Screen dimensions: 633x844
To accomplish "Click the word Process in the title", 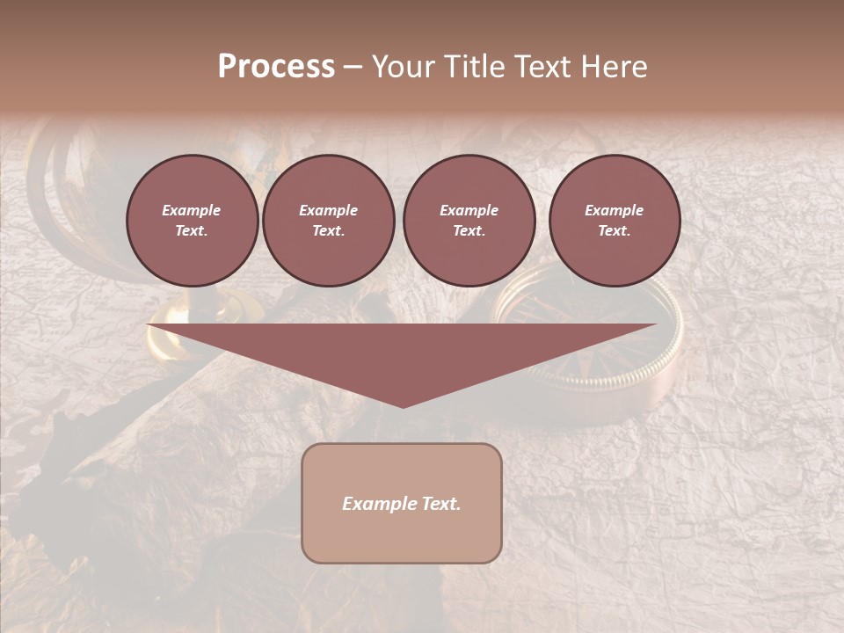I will point(276,66).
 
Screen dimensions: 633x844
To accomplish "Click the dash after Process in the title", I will point(353,68).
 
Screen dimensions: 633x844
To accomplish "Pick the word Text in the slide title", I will point(541,67).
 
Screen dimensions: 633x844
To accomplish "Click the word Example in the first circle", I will point(192,210).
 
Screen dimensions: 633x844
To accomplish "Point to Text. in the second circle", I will point(328,231).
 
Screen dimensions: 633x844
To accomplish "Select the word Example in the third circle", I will point(469,210).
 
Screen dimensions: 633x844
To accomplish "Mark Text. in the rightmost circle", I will point(614,231).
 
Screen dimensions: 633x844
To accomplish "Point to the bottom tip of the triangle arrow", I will point(403,405).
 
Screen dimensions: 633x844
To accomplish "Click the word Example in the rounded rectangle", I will point(379,504).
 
